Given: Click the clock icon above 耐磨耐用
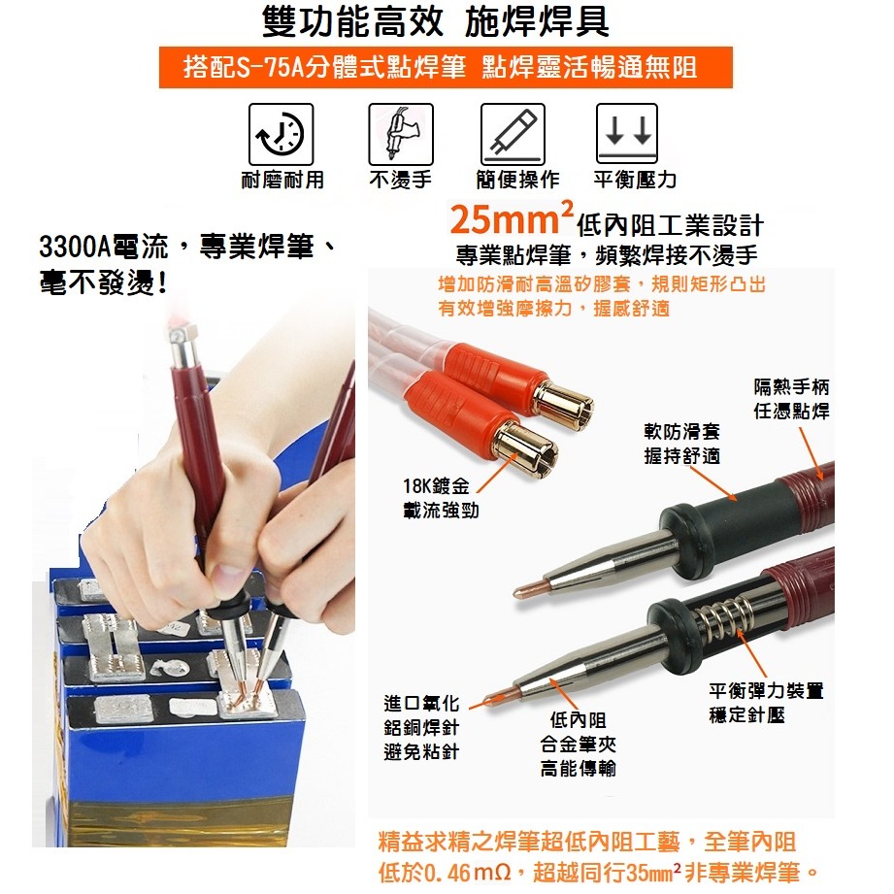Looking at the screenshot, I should click(x=281, y=134).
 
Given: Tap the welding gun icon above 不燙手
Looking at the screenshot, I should click(x=400, y=134).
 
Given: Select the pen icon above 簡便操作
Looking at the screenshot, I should click(x=513, y=134).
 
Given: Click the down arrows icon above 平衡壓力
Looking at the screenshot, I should click(x=626, y=134).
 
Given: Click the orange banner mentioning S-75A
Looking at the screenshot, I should click(x=446, y=68).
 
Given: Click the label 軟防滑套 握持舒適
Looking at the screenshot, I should click(x=681, y=444).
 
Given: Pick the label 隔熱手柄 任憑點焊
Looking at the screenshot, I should click(x=792, y=399).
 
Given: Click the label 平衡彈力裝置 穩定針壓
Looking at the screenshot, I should click(x=766, y=703).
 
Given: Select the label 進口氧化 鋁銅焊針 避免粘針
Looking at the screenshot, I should click(x=421, y=727).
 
